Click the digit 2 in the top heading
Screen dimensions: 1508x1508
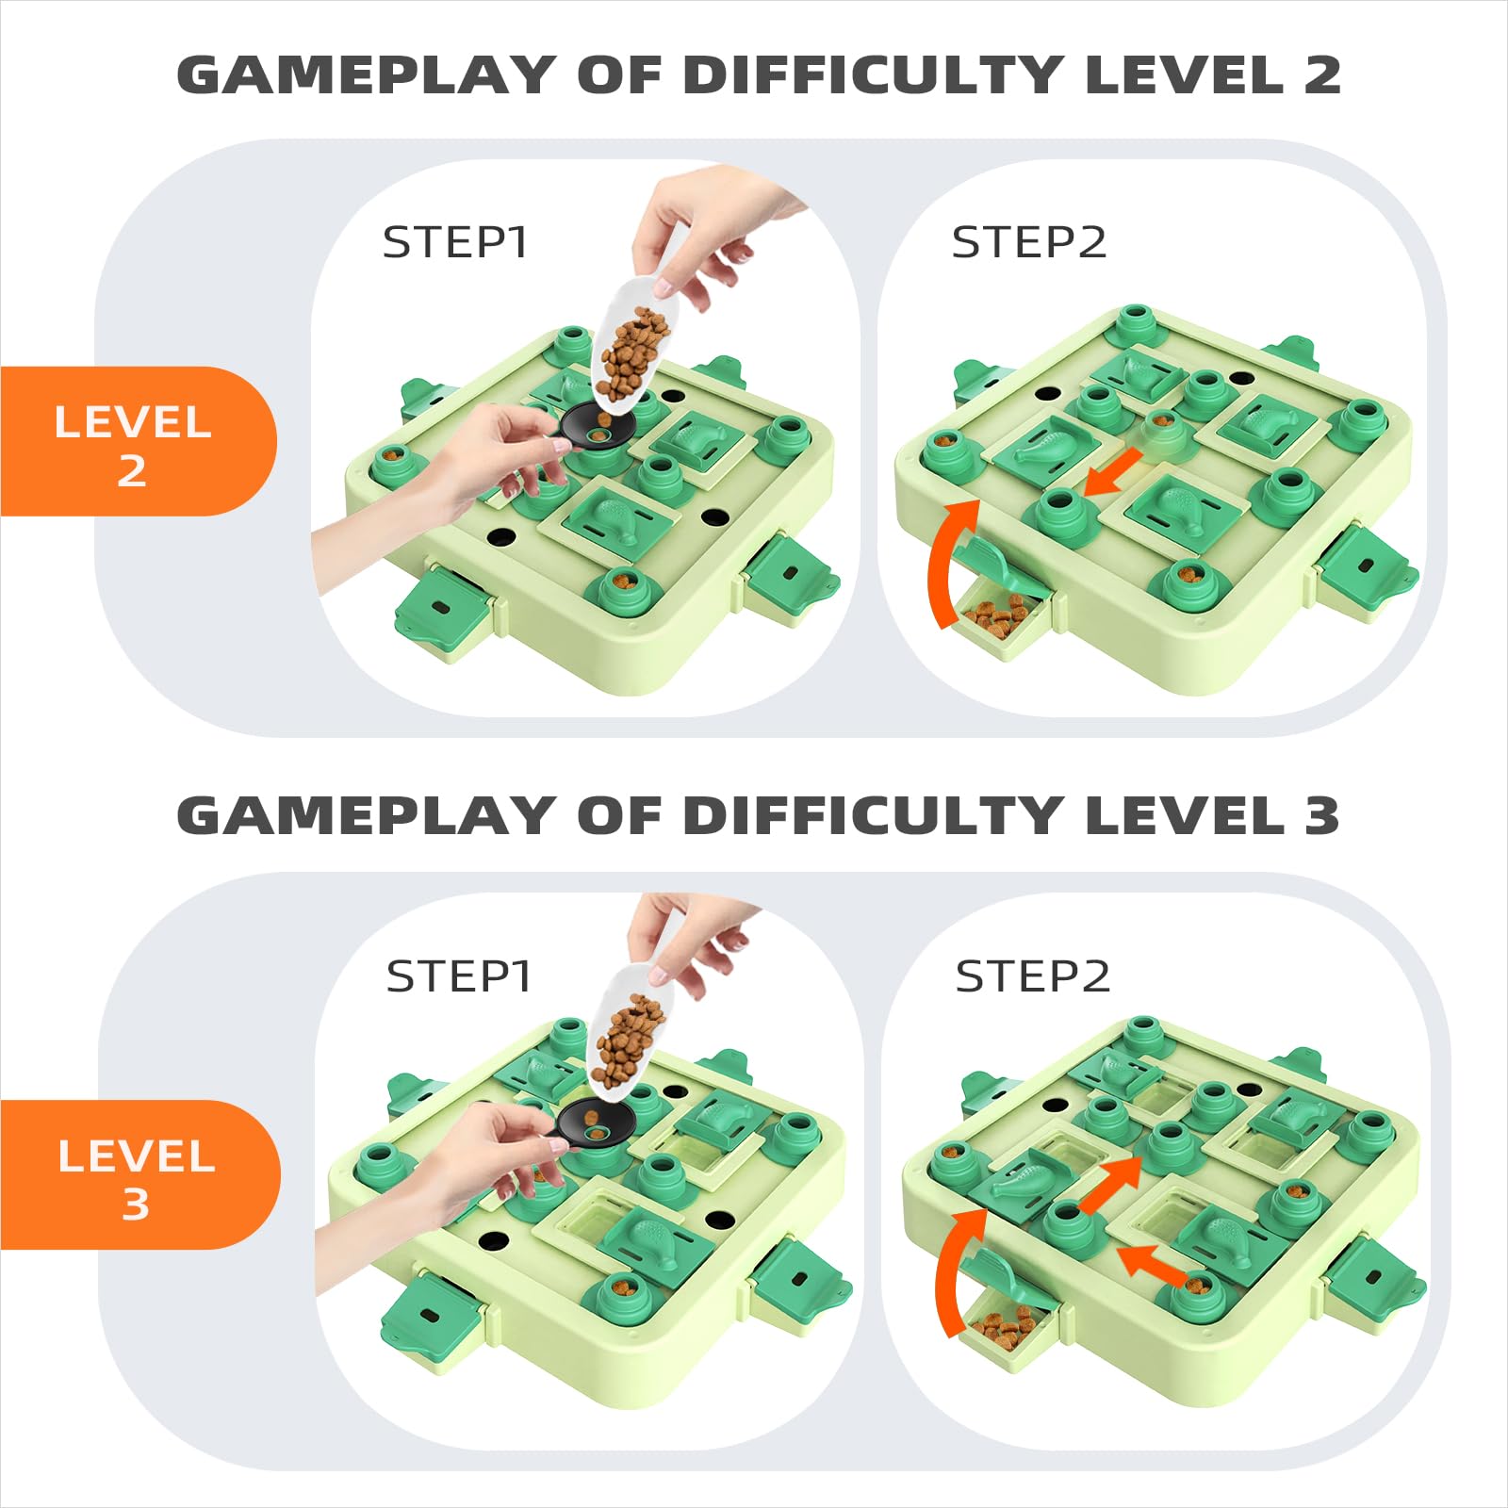[x=1322, y=74]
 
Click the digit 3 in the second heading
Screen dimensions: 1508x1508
[x=1322, y=815]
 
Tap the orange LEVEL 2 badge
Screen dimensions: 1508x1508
[x=137, y=441]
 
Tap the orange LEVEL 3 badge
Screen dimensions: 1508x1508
[x=139, y=1174]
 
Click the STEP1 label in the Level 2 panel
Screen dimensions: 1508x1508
[x=454, y=242]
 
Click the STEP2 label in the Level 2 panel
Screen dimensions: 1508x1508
[x=1028, y=242]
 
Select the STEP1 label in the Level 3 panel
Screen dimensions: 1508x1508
[x=459, y=976]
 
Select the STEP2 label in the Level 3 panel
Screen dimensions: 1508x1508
[x=1033, y=976]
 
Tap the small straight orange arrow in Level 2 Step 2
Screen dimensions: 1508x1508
[x=1113, y=471]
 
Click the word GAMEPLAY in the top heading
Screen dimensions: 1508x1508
[x=366, y=74]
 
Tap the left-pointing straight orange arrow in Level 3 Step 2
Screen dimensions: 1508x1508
[x=1152, y=1263]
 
